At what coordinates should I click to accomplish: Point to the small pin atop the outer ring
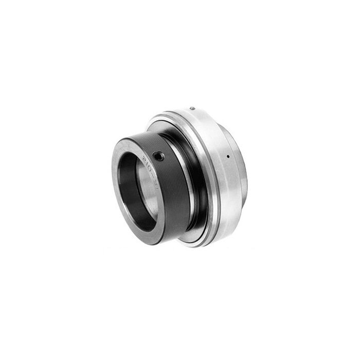coord(192,108)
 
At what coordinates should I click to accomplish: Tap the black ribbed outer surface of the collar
coord(172,195)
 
